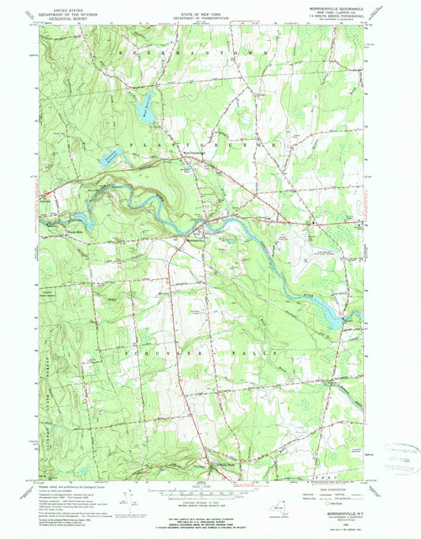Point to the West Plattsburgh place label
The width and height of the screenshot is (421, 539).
tap(194, 153)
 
